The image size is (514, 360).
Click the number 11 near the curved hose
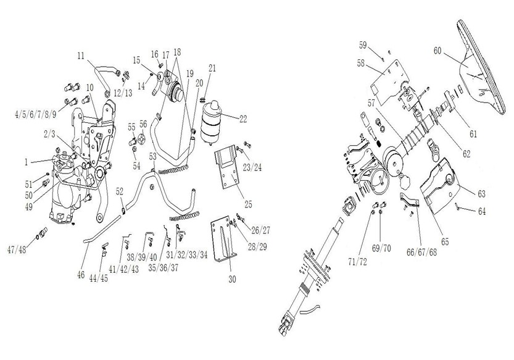click(81, 56)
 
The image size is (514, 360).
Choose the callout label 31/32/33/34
click(187, 254)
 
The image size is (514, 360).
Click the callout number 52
click(120, 192)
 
